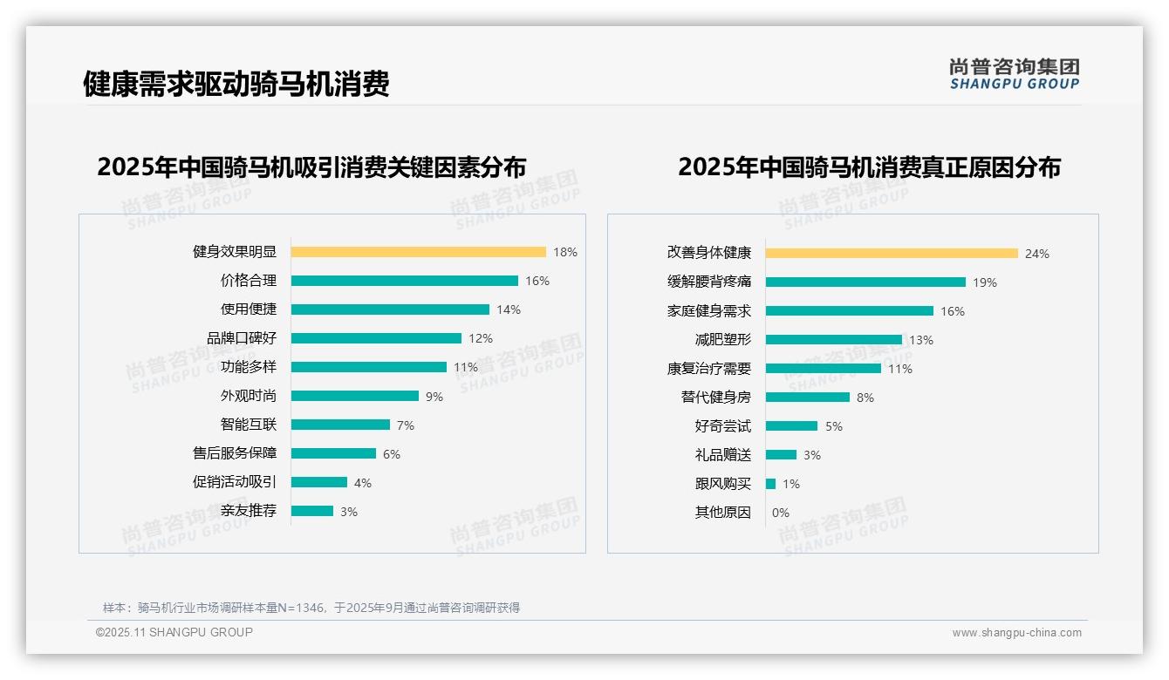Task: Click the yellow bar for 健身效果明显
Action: (x=418, y=252)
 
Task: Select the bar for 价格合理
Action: (x=404, y=281)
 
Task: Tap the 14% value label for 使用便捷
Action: (x=509, y=309)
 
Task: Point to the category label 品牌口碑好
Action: (x=241, y=338)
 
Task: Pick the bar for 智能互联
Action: (x=340, y=425)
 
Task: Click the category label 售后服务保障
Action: (x=234, y=453)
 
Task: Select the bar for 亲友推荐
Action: (x=311, y=511)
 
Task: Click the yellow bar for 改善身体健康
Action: (x=892, y=254)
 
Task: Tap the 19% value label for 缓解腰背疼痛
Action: (x=985, y=282)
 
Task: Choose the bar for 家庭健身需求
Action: (x=849, y=311)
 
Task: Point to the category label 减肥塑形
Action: (x=722, y=340)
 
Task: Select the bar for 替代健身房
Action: (x=807, y=398)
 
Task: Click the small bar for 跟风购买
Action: (x=770, y=484)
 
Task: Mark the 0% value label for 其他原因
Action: (x=780, y=513)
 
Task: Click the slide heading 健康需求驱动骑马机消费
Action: (x=236, y=84)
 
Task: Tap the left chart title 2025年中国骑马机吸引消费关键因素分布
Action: (x=311, y=167)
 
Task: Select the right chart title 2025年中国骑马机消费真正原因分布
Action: (x=869, y=167)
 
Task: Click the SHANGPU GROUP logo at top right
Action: (x=1015, y=74)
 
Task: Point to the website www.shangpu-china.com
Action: (x=1016, y=633)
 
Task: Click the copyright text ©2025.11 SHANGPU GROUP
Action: (x=174, y=632)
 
